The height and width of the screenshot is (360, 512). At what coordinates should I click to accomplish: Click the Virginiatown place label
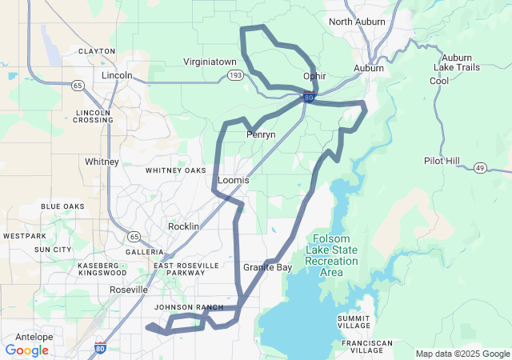click(x=210, y=61)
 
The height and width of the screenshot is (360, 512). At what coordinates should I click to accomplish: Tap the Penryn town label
click(x=261, y=134)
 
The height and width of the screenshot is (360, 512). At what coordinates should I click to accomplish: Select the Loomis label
click(x=234, y=181)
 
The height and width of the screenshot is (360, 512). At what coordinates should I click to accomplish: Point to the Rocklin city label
click(x=183, y=226)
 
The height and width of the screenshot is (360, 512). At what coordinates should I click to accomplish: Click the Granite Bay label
click(x=267, y=267)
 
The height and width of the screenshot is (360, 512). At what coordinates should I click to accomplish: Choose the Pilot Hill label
click(x=442, y=161)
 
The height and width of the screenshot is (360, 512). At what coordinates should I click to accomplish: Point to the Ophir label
click(x=314, y=76)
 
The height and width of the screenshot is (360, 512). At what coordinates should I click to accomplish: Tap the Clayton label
click(x=97, y=51)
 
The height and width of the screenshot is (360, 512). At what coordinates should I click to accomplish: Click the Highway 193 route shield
click(x=234, y=75)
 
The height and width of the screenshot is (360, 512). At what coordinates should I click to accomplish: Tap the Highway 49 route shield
click(x=479, y=167)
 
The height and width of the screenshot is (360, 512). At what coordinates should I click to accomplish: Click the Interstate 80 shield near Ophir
click(x=309, y=98)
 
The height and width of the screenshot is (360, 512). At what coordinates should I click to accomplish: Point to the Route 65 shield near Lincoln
click(x=78, y=84)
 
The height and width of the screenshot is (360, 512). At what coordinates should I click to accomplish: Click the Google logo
click(x=26, y=350)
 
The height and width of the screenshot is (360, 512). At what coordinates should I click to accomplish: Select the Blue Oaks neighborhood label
click(x=62, y=206)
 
